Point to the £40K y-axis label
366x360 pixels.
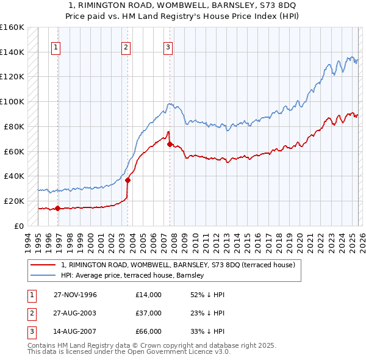13,176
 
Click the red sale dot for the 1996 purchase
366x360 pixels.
57,208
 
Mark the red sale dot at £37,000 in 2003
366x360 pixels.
127,180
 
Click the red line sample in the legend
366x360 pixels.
44,265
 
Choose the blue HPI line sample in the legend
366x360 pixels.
44,276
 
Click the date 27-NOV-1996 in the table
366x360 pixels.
75,295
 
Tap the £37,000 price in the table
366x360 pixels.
149,313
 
